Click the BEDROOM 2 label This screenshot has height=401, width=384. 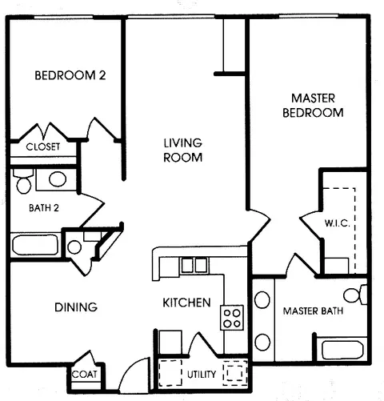(x=70, y=76)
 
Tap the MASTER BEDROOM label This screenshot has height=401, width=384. (x=313, y=106)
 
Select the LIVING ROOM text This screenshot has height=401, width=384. (x=182, y=150)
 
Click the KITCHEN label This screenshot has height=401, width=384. (x=186, y=303)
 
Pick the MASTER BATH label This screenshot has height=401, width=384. (x=313, y=310)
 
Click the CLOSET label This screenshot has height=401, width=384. (x=43, y=146)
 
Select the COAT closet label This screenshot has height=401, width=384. (x=84, y=374)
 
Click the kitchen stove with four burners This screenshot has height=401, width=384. (x=232, y=318)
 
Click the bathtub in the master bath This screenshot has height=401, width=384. (x=342, y=349)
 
